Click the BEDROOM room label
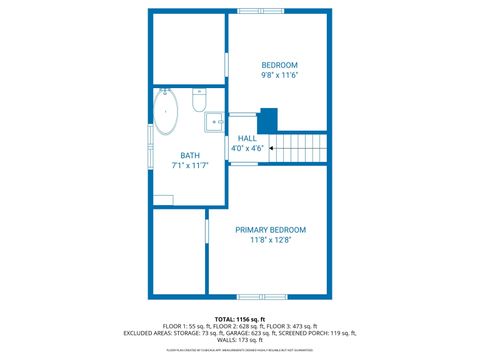click(x=280, y=65)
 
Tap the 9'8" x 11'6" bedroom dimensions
click(x=280, y=75)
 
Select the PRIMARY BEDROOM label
click(x=270, y=230)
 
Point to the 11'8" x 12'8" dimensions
click(x=270, y=240)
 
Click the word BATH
click(x=189, y=155)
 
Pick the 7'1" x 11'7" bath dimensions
click(x=189, y=165)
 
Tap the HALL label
click(x=247, y=139)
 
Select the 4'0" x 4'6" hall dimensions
click(x=247, y=149)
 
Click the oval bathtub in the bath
click(x=166, y=113)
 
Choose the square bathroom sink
click(x=215, y=123)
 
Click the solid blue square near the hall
click(x=267, y=118)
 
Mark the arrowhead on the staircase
click(x=271, y=149)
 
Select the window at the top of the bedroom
click(x=260, y=11)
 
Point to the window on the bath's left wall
click(x=151, y=135)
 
